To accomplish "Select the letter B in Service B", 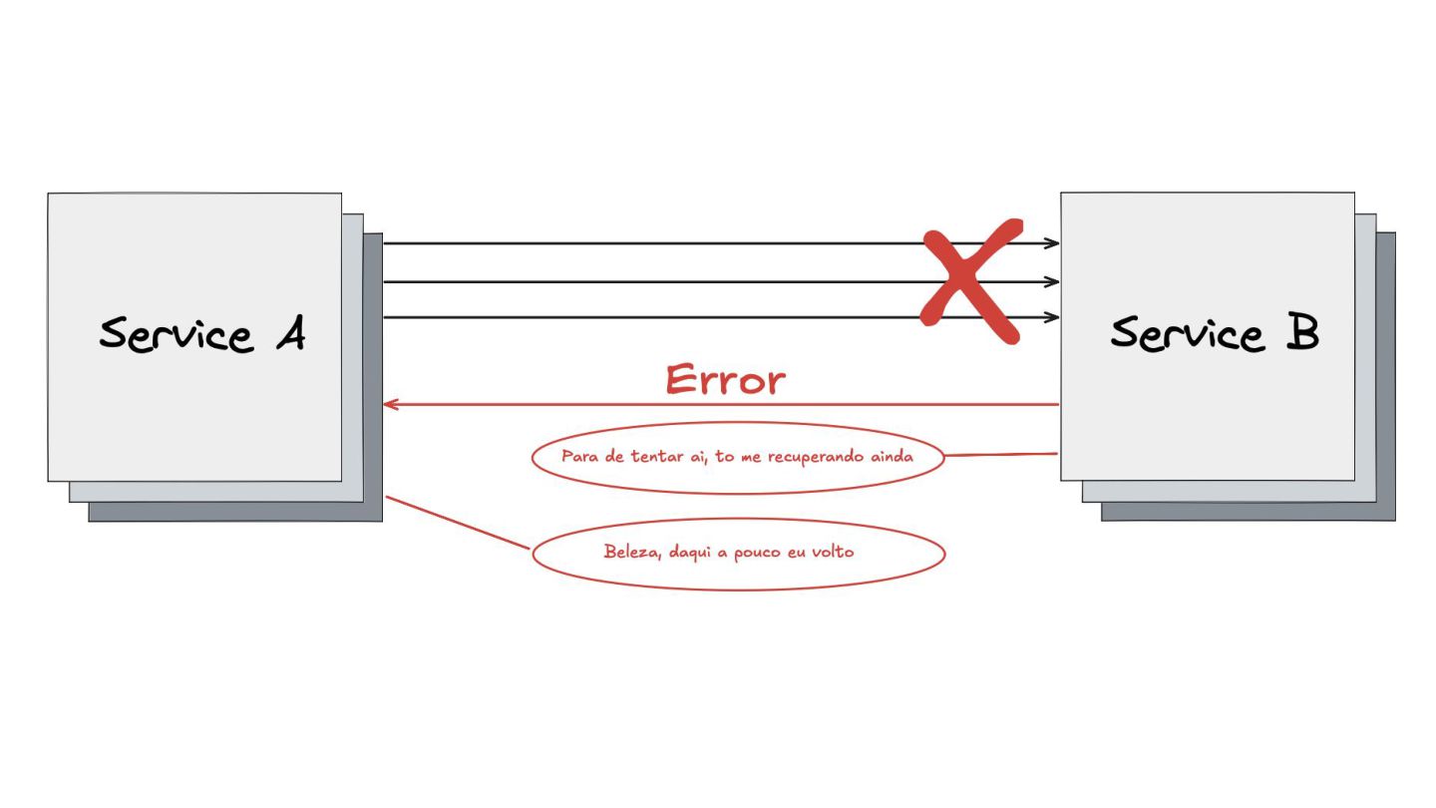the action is pyautogui.click(x=1300, y=333).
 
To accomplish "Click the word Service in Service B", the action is pyautogui.click(x=1188, y=333).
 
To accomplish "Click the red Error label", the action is pyautogui.click(x=725, y=381).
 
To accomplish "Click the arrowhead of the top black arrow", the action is pyautogui.click(x=1052, y=243).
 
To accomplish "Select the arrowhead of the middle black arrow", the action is pyautogui.click(x=1052, y=282).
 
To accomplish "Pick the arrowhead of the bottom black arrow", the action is pyautogui.click(x=1052, y=318).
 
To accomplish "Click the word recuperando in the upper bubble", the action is pyautogui.click(x=816, y=458).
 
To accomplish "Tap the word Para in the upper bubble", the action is pyautogui.click(x=578, y=457).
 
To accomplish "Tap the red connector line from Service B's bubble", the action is pyautogui.click(x=1000, y=455).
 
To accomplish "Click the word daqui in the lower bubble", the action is pyautogui.click(x=690, y=553).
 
